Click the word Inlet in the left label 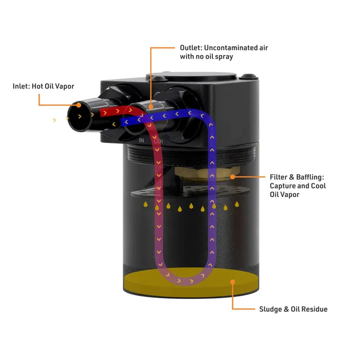pyautogui.click(x=22, y=86)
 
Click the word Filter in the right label pyautogui.click(x=279, y=176)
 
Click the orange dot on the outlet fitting pyautogui.click(x=151, y=105)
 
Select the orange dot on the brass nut pyautogui.click(x=232, y=176)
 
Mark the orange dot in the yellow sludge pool pyautogui.click(x=232, y=282)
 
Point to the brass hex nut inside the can pyautogui.click(x=206, y=173)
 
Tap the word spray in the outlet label pyautogui.click(x=224, y=57)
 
